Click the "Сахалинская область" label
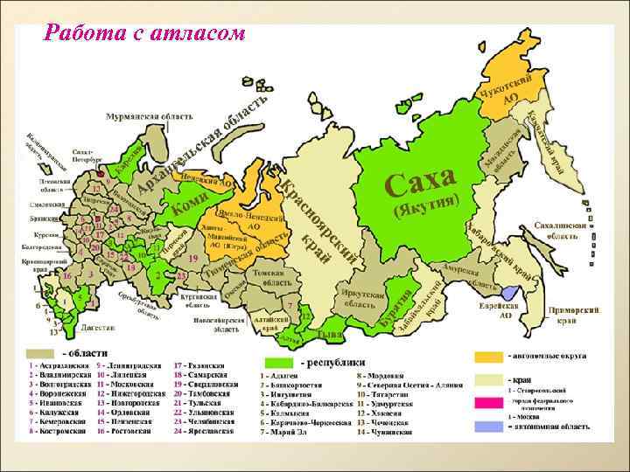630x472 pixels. [x=562, y=230]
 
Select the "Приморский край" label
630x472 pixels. [x=573, y=315]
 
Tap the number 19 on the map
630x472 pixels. [x=192, y=260]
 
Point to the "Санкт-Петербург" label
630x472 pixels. [x=85, y=155]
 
